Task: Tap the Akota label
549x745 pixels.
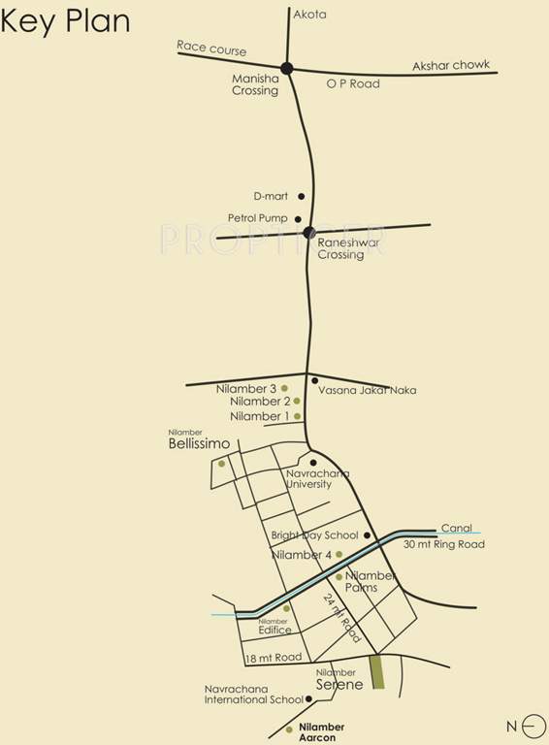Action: (x=309, y=16)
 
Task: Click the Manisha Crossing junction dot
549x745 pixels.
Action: (x=287, y=68)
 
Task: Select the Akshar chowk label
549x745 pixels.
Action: (x=451, y=65)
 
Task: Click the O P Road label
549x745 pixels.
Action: (x=352, y=84)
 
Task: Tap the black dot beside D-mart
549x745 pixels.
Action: (x=301, y=196)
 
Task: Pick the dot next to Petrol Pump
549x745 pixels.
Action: (x=298, y=219)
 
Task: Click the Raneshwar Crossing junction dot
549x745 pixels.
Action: (x=309, y=232)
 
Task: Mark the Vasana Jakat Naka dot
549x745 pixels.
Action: (x=314, y=379)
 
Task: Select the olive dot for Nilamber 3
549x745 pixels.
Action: (x=284, y=388)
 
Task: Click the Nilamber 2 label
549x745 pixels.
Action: (x=260, y=402)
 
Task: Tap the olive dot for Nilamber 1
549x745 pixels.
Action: (x=297, y=416)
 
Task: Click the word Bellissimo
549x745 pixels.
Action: (x=199, y=444)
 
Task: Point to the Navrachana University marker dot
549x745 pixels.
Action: (x=312, y=461)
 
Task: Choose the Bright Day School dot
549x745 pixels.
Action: (x=368, y=534)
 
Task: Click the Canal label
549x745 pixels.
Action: (x=456, y=529)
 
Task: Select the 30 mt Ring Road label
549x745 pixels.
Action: (x=444, y=545)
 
